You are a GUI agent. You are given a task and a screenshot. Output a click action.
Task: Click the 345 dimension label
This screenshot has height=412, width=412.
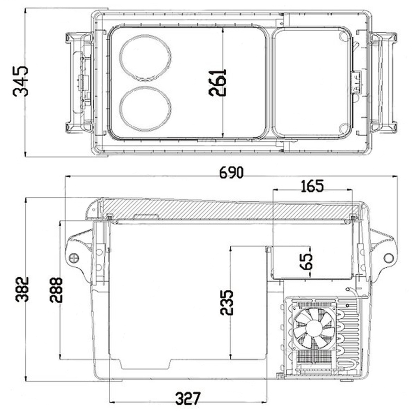tap(21, 81)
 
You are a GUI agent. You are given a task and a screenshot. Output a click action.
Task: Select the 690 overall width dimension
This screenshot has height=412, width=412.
tap(231, 173)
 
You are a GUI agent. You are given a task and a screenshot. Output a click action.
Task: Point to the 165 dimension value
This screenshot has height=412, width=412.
tap(312, 186)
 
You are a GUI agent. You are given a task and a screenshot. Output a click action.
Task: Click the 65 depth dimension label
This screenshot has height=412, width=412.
tap(306, 262)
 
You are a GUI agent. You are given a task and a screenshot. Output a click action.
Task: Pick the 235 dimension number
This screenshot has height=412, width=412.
tap(226, 302)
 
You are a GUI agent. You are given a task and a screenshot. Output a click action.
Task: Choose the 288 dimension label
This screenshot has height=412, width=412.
tap(56, 290)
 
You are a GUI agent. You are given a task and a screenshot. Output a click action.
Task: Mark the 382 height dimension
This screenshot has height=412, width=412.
tap(22, 289)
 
